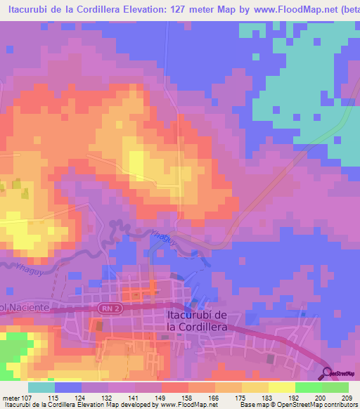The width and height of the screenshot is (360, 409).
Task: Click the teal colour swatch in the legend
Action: coord(41,387)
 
